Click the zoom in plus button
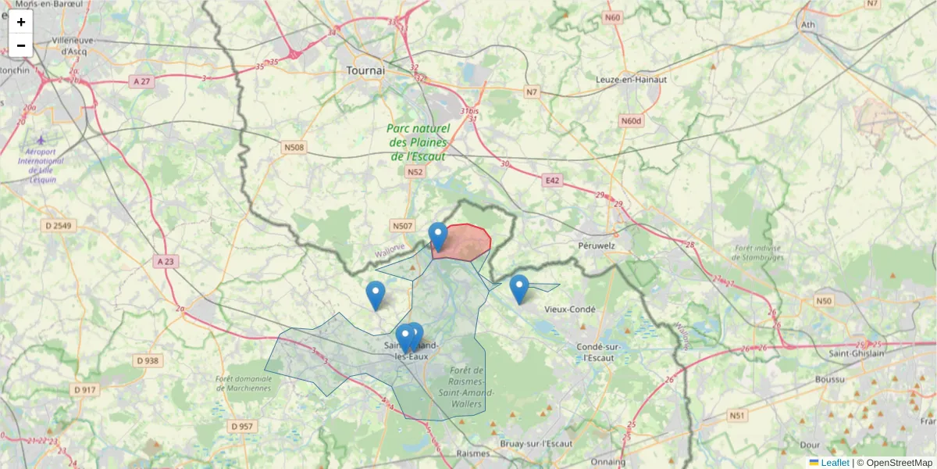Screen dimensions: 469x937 21,22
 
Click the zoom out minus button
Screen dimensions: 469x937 21,45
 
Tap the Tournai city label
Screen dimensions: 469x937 365,70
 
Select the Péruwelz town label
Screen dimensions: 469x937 597,245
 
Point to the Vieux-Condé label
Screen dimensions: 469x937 570,309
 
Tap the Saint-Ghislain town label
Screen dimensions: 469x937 857,353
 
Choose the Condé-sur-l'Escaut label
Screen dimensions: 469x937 597,353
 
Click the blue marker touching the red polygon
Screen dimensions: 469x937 439,236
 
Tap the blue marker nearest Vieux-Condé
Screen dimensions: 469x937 519,288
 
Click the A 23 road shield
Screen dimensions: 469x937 164,261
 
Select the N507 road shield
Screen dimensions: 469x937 402,226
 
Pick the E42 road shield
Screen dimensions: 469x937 553,181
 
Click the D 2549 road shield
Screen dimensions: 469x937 59,226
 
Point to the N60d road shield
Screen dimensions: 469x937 630,120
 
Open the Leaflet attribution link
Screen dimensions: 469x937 834,463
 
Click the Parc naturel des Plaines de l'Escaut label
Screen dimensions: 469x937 419,142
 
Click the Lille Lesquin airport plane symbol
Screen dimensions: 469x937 41,139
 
